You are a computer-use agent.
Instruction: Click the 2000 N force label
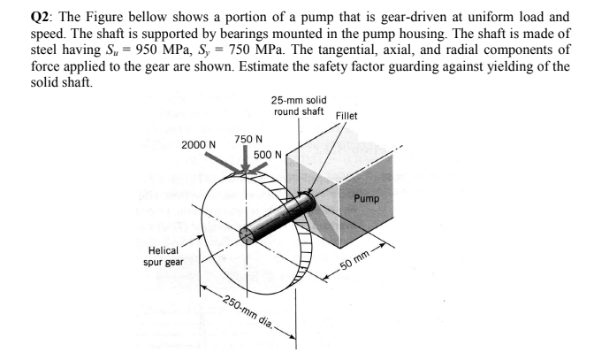coord(198,144)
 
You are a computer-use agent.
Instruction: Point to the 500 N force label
coord(266,155)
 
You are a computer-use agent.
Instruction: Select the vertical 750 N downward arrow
coord(245,160)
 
